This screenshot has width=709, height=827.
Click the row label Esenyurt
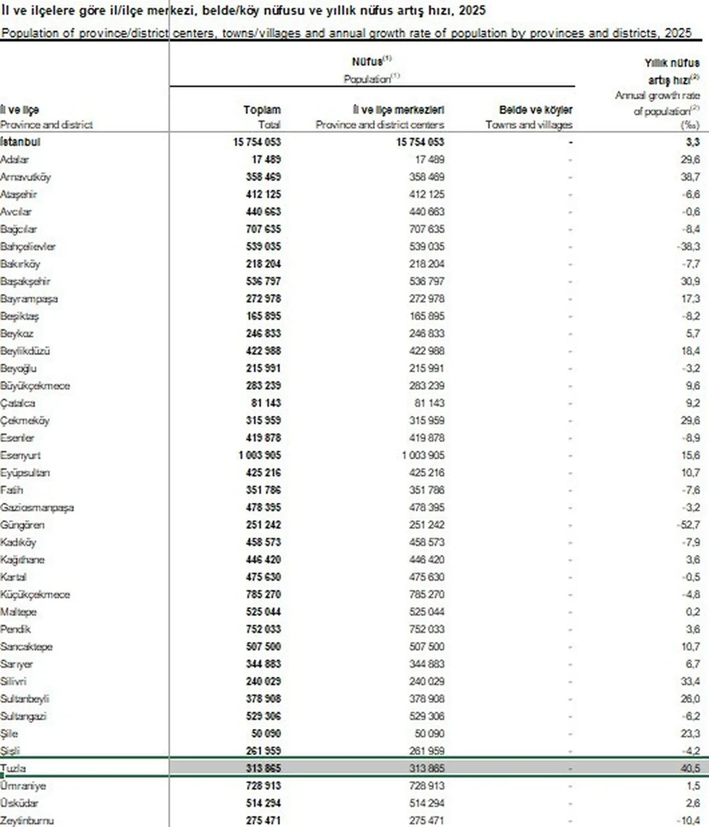(x=20, y=456)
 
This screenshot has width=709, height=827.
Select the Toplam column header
(x=262, y=110)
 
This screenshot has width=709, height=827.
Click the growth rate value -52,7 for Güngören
(x=690, y=525)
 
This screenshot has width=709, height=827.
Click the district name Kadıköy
(x=18, y=543)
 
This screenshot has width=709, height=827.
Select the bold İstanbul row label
(x=20, y=142)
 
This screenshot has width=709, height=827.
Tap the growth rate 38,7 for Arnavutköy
(x=691, y=177)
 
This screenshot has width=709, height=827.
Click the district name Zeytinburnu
(x=27, y=821)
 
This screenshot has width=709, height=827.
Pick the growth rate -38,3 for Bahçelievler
(x=690, y=247)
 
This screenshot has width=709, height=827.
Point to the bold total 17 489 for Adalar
(x=266, y=160)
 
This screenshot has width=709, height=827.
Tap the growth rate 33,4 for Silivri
(x=691, y=682)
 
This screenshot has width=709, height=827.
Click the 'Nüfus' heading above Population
(x=367, y=62)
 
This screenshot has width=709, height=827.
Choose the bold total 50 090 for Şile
(x=266, y=734)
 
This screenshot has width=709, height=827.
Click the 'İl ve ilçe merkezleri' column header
(x=398, y=110)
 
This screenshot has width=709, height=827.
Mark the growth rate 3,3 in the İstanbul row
(x=693, y=142)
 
